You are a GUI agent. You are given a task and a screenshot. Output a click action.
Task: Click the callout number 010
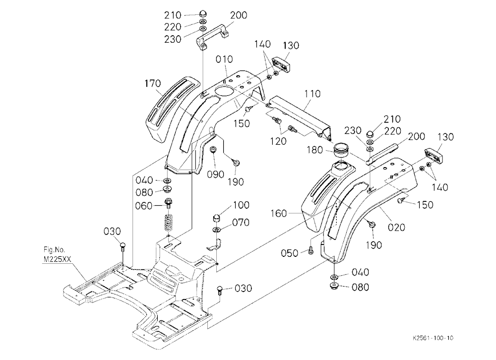click(x=225, y=59)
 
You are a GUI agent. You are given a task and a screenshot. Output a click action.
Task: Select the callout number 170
click(x=153, y=83)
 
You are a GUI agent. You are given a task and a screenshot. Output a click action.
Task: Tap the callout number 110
click(x=312, y=94)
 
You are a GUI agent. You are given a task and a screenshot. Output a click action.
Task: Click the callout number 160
click(x=279, y=214)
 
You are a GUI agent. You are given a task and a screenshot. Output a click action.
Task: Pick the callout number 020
click(x=397, y=227)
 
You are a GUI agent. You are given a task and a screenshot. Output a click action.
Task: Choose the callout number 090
click(x=216, y=175)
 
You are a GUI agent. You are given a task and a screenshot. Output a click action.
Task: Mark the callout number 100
click(x=242, y=205)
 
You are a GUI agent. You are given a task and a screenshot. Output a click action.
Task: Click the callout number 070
click(x=241, y=223)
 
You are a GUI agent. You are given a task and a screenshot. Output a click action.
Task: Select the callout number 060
click(x=144, y=206)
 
